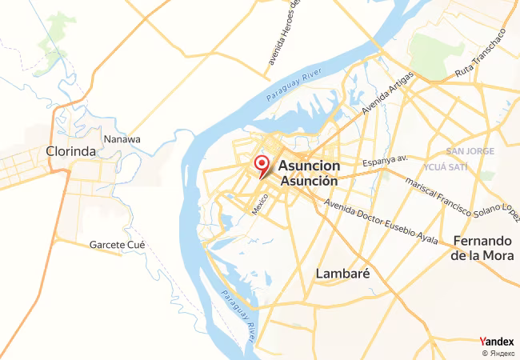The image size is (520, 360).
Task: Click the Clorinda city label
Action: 71,150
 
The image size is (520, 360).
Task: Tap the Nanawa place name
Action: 122,138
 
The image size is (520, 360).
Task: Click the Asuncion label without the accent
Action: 310,166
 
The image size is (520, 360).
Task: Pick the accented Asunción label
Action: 310,181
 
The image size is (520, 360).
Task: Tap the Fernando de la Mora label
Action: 482,248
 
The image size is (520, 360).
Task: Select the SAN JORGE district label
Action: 470,151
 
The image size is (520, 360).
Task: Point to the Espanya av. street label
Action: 385,162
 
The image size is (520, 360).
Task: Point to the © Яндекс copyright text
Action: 498,353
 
